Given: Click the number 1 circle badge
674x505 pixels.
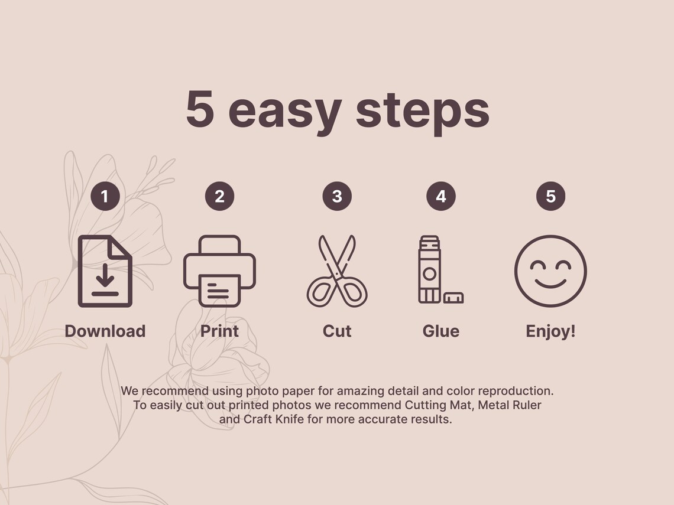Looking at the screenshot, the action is pos(105,196).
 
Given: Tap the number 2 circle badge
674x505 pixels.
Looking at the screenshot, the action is pos(220,196).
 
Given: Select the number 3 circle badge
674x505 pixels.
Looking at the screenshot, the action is pos(337,196).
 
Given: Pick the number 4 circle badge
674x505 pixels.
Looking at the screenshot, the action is pos(440,196).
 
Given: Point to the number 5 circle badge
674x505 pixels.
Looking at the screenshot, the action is pos(550,196).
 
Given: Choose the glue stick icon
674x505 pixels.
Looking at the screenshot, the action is pos(429,270).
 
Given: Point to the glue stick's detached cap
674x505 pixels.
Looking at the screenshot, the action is pos(453,298).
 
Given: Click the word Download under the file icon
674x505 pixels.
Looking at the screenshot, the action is pos(105,331).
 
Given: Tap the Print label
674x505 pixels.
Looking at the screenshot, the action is pos(220,331).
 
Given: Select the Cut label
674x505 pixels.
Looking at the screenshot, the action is pos(337,331).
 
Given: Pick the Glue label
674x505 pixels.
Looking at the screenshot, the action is pos(440,331).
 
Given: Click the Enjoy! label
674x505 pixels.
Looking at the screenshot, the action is pos(550,331).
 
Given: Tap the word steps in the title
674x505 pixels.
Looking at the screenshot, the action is pos(423,112).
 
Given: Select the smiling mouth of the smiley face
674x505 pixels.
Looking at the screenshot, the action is pos(550,285).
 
